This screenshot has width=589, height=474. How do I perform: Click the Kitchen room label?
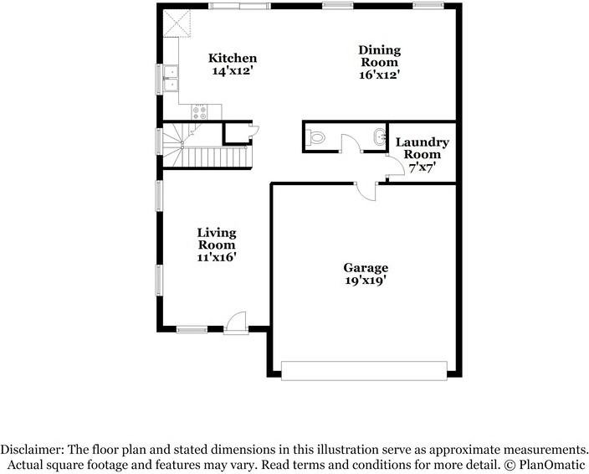pos(233,59)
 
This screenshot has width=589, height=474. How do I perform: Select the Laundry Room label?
pos(422,148)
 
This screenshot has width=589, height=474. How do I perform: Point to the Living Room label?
pos(217,239)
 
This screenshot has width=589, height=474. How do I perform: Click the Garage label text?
pos(366,268)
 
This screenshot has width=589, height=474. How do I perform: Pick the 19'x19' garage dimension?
pos(366,281)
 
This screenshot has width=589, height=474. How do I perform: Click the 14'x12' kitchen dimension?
pos(233,72)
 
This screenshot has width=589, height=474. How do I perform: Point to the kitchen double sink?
pos(172,78)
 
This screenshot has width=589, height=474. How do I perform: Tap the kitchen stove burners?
pos(201,111)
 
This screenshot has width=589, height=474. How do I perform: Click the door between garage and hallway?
pos(365,190)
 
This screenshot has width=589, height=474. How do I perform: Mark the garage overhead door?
pos(364,369)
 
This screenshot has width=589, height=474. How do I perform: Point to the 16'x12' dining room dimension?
pos(379,75)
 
